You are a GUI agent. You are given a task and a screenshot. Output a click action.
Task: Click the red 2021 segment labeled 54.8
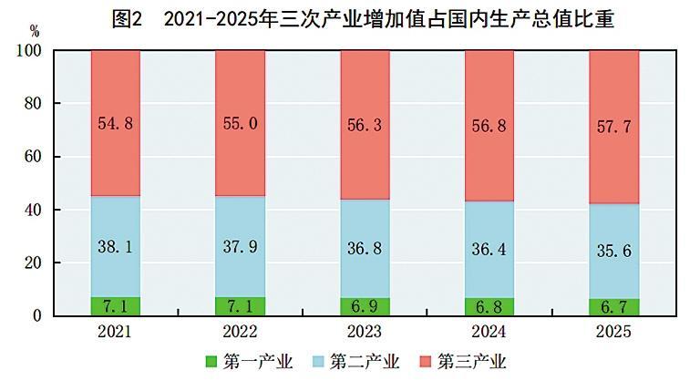coord(116,123)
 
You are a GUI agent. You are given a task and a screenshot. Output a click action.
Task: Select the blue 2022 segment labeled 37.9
coord(240,246)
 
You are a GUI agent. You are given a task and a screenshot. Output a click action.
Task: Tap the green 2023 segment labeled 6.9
coord(365,306)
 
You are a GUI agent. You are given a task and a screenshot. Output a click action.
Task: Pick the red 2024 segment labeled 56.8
coord(489,126)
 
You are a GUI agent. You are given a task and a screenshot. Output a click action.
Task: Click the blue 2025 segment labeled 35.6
coord(613,251)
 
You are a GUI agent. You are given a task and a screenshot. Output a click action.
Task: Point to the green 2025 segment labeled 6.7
coord(613,307)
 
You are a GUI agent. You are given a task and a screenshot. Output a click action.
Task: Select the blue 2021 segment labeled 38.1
coord(116,246)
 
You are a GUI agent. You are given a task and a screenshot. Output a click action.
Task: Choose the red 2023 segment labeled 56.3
coord(365,125)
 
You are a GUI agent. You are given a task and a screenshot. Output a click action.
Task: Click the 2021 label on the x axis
coord(116,332)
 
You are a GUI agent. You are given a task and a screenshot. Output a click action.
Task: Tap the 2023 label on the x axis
coord(365,332)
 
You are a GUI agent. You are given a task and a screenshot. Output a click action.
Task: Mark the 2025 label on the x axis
coord(613,332)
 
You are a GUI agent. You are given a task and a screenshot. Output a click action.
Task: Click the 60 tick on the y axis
coord(33,157)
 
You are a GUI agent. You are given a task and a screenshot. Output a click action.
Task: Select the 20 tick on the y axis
coord(33,263)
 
